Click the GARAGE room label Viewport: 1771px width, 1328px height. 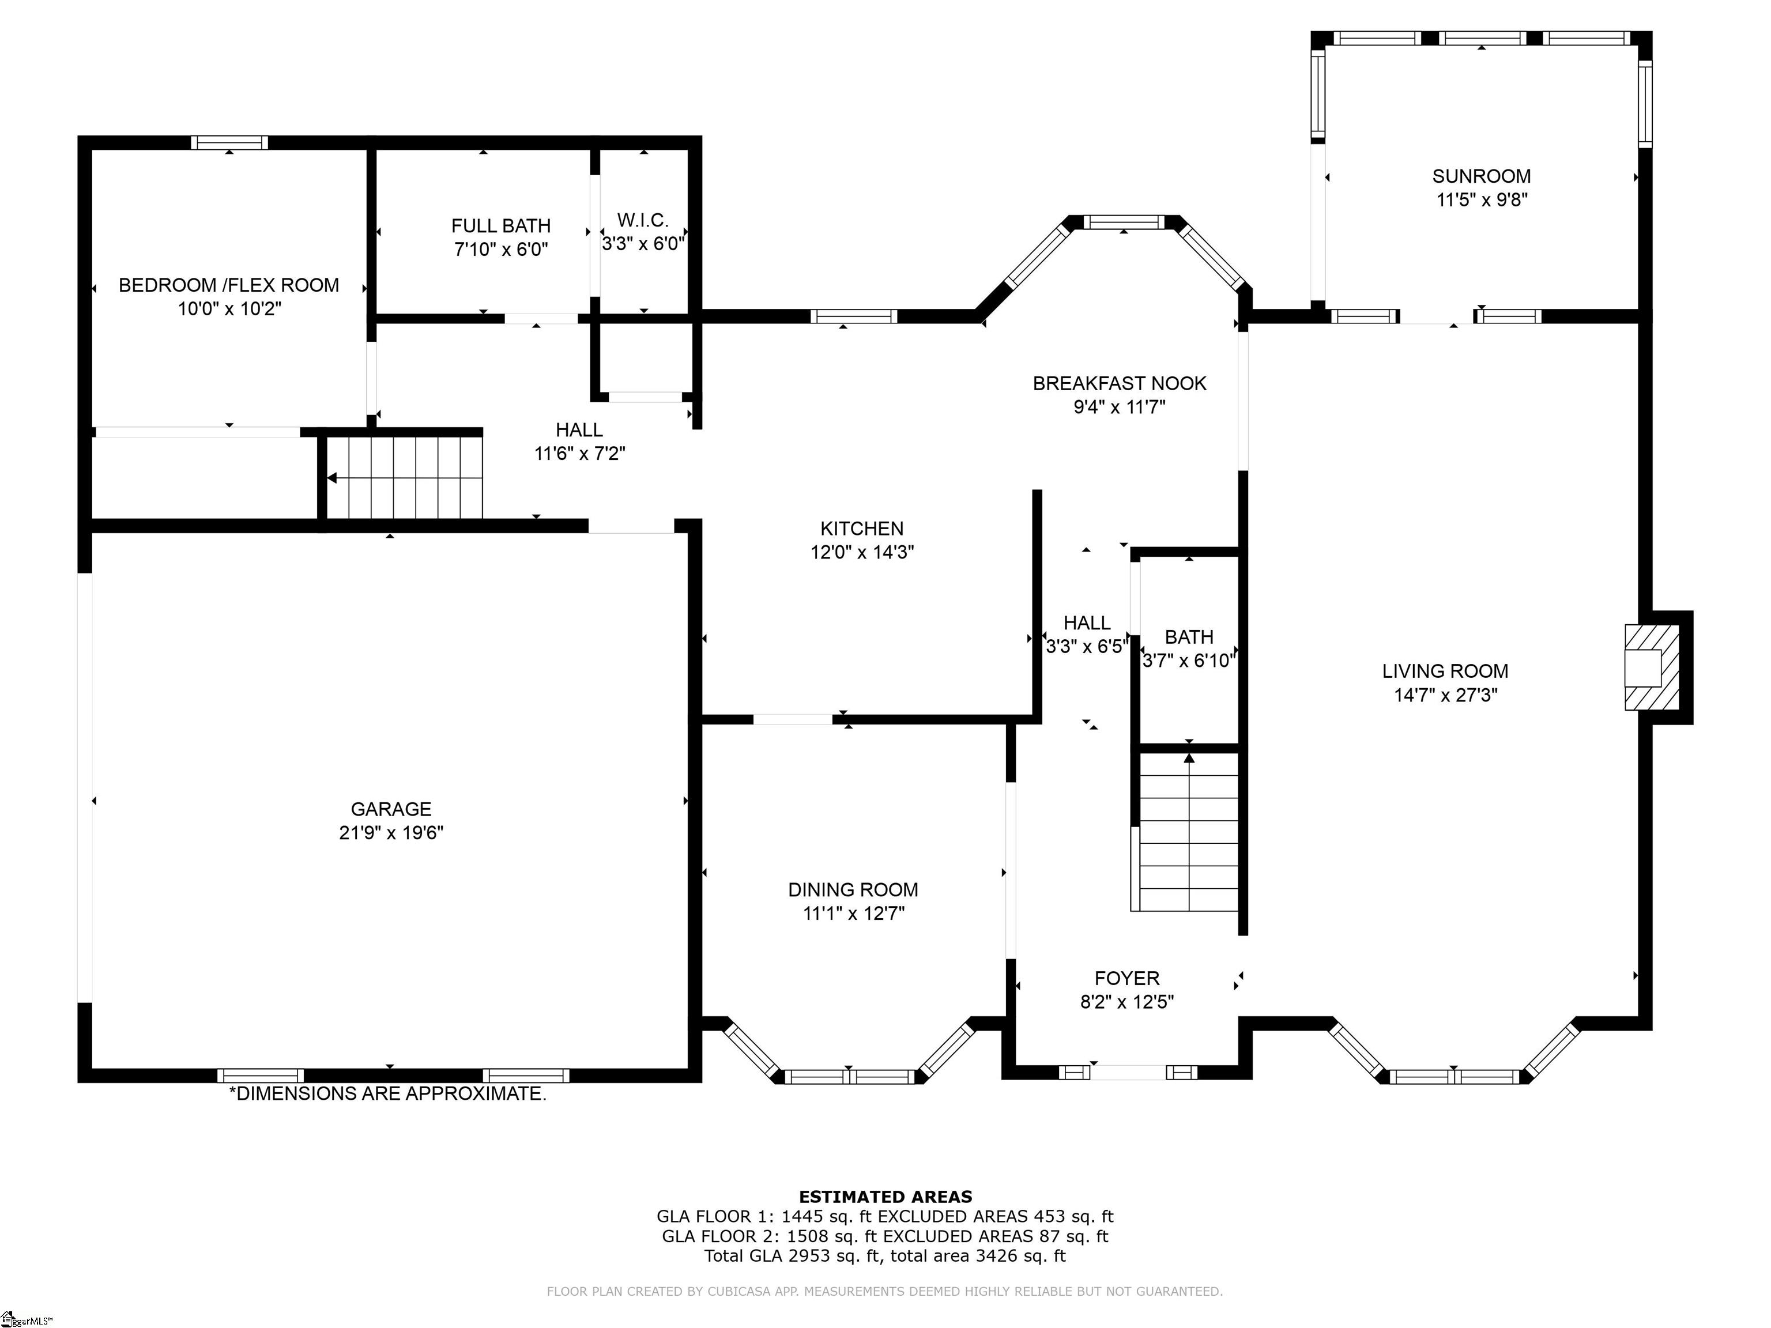click(391, 809)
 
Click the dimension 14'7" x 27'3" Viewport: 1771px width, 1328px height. click(1445, 695)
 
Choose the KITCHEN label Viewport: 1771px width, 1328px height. click(861, 529)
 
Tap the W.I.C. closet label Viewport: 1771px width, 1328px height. click(642, 220)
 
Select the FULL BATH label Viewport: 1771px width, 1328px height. click(501, 226)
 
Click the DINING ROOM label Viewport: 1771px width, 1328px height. click(853, 889)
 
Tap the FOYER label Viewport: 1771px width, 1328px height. click(1126, 978)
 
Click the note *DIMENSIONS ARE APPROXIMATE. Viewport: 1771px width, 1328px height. click(387, 1093)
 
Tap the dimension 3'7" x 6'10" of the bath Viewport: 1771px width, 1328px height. click(1189, 661)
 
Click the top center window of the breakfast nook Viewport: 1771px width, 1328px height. click(1124, 222)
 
